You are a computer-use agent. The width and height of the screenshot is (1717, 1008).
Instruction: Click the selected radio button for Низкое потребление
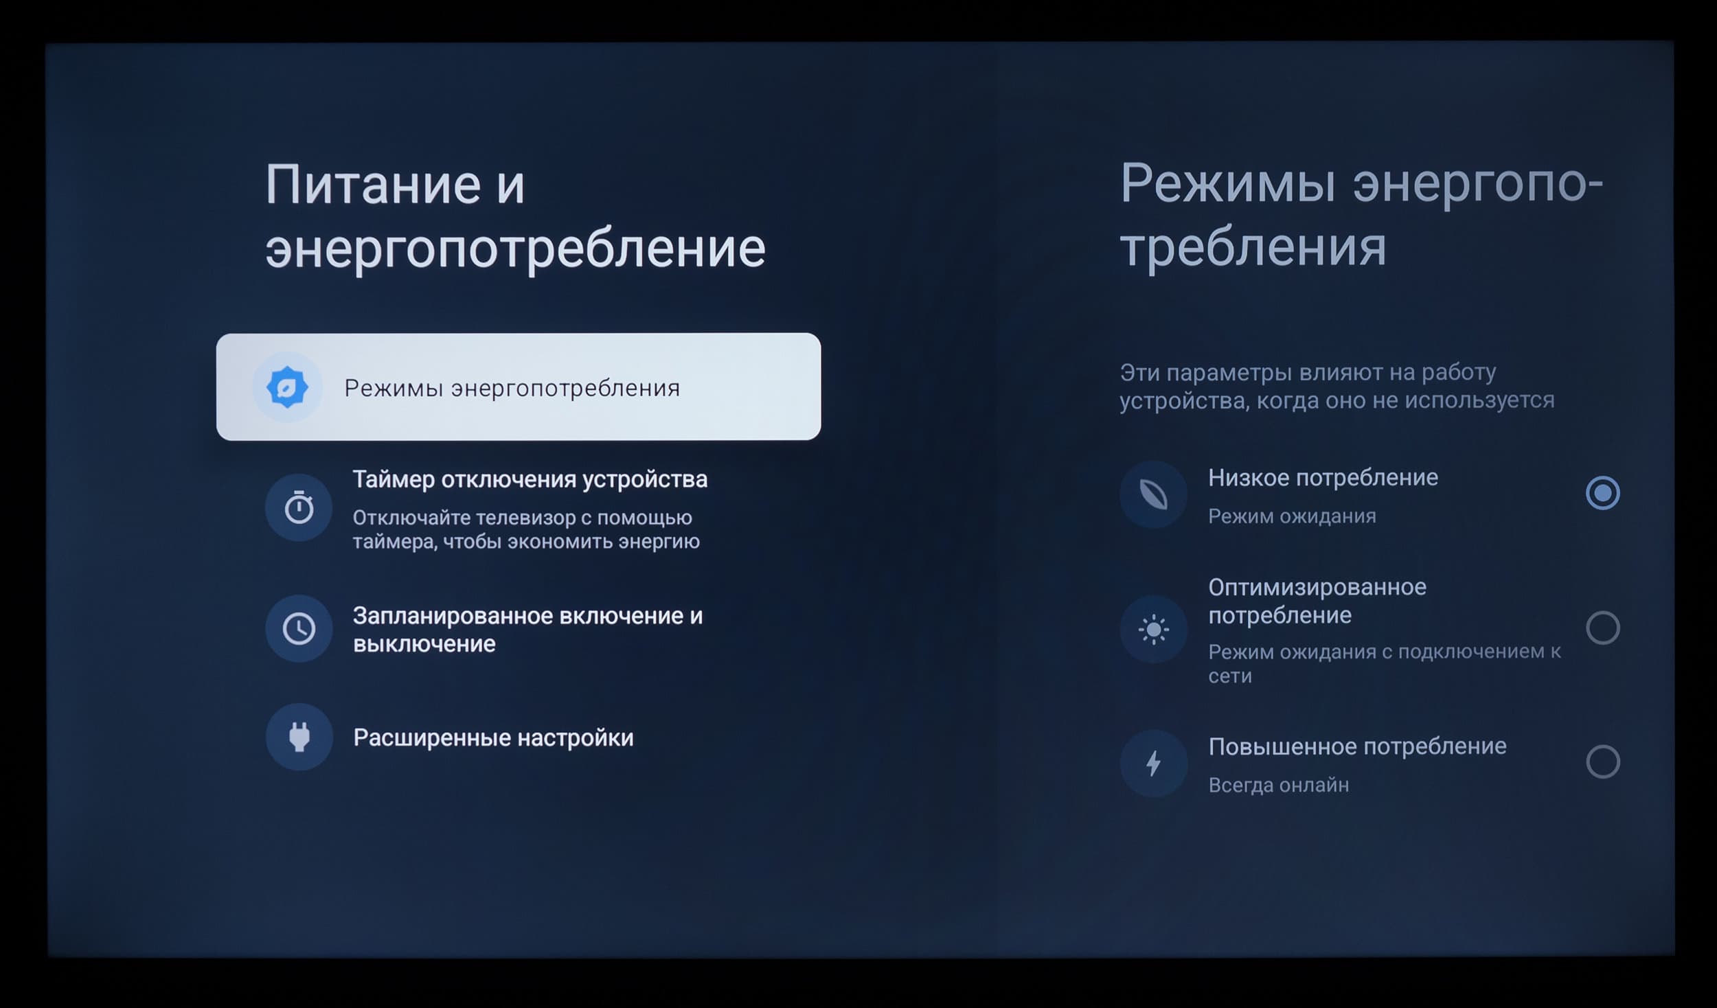(x=1602, y=493)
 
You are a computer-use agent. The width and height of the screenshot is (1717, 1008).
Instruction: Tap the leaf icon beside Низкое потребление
(x=1153, y=494)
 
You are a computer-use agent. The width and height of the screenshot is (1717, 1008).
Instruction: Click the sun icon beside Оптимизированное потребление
(x=1153, y=629)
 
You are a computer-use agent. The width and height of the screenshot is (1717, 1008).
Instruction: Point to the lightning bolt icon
(x=1153, y=763)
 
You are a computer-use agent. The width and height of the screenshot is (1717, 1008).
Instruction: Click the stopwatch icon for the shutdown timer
(x=299, y=507)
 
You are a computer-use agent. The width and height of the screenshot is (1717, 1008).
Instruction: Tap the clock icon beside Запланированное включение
(x=299, y=628)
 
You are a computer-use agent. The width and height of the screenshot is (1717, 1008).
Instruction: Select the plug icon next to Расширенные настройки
(x=299, y=737)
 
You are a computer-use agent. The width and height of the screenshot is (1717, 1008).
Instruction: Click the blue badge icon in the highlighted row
(x=287, y=387)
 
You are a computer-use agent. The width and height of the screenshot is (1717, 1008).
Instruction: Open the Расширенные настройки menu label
(x=493, y=738)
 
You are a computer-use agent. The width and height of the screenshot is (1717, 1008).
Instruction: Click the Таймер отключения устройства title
(x=530, y=479)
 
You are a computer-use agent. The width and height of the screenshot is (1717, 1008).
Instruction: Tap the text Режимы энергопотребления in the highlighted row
(x=512, y=388)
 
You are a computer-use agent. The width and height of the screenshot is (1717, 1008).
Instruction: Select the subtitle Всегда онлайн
(x=1279, y=785)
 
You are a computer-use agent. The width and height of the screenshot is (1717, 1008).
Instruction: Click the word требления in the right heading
(x=1253, y=247)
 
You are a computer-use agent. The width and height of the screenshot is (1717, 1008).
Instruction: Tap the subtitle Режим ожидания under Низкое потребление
(x=1292, y=516)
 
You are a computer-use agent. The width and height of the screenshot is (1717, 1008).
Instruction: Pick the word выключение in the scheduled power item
(x=424, y=644)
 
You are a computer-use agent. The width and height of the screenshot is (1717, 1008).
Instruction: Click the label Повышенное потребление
(x=1357, y=746)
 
